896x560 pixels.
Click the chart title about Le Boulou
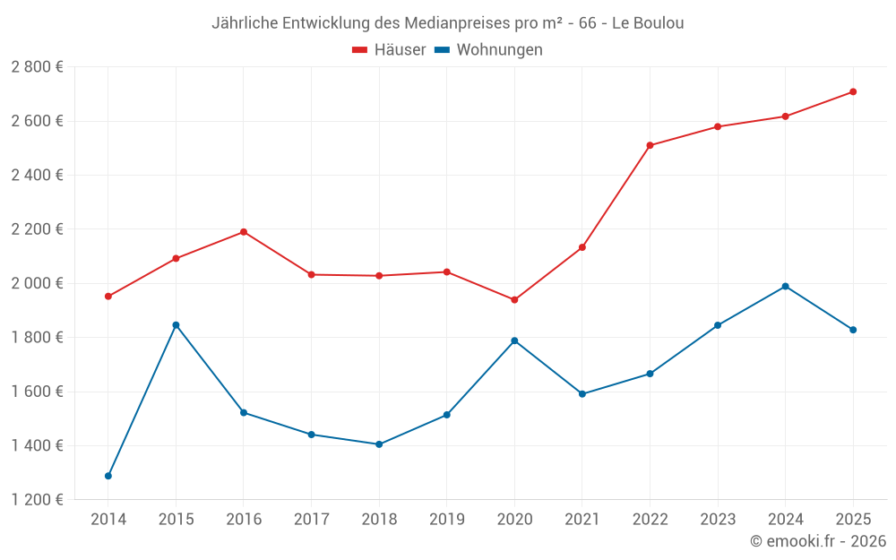point(447,23)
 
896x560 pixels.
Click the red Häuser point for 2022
point(650,145)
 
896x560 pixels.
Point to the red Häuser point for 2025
point(853,91)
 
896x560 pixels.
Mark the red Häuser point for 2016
point(244,232)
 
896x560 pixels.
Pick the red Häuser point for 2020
point(514,300)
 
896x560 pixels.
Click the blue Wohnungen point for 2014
point(108,476)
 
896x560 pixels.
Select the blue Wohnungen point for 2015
point(176,324)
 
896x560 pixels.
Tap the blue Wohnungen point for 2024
point(785,287)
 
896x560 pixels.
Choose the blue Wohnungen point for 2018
point(379,444)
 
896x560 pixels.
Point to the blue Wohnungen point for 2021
point(582,393)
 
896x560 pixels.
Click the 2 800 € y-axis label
point(37,67)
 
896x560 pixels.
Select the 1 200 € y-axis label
point(37,500)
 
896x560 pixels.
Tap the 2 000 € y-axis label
point(37,283)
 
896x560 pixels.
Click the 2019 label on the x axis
point(446,520)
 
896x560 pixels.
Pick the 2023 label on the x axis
point(717,520)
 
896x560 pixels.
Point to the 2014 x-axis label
point(108,520)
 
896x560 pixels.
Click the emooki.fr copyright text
point(818,541)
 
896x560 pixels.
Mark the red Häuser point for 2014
point(108,297)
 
